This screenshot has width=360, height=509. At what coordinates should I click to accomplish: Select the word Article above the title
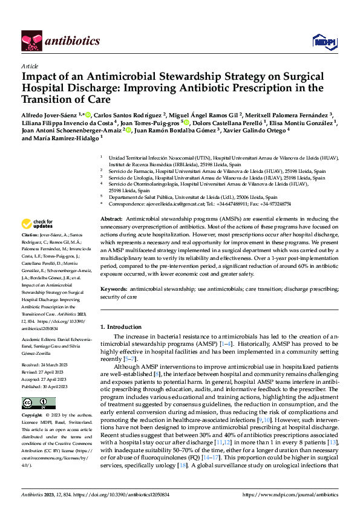click(30, 66)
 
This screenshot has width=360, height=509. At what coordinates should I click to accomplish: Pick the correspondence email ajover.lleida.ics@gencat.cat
click(163, 204)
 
